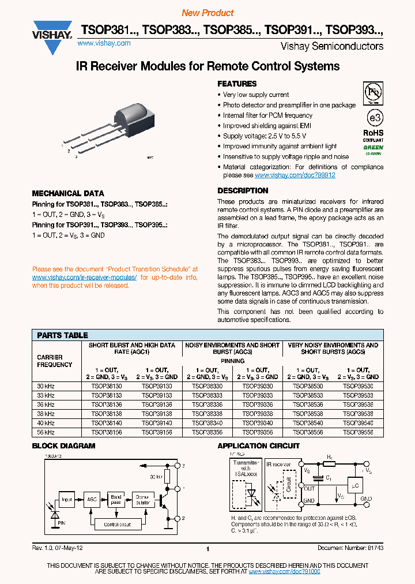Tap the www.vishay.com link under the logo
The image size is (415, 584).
pyautogui.click(x=103, y=43)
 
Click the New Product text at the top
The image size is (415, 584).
pyautogui.click(x=207, y=13)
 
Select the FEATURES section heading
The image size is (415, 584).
pyautogui.click(x=237, y=84)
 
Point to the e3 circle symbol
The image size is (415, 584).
pyautogui.click(x=375, y=117)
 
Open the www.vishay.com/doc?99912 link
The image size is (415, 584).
pyautogui.click(x=295, y=175)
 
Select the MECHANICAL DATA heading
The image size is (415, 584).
pyautogui.click(x=68, y=193)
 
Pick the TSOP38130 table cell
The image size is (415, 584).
pyautogui.click(x=107, y=386)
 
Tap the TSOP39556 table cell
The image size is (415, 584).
pyautogui.click(x=357, y=431)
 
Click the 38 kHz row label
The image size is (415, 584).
pyautogui.click(x=46, y=413)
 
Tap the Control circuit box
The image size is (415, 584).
pyautogui.click(x=117, y=525)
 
